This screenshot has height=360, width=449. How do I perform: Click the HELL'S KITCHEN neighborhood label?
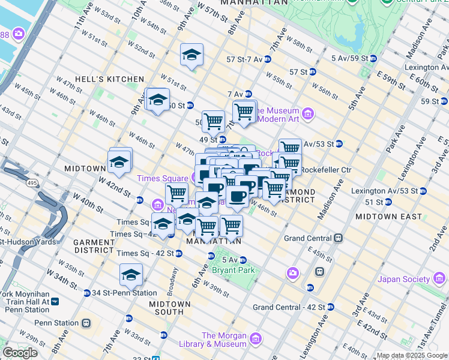pos(109,79)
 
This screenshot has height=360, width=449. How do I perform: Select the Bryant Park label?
pos(234,270)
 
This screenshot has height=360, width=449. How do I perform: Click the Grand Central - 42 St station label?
pos(289,307)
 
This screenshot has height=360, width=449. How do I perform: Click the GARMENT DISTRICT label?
pos(94,246)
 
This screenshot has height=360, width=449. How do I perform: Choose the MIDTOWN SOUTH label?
pos(166,308)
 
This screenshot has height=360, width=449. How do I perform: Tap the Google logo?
pos(20,353)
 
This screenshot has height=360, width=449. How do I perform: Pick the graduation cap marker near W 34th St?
pos(131,275)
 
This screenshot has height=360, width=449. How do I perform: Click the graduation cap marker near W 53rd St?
pos(191,55)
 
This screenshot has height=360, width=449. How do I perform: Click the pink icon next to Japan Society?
pos(439,278)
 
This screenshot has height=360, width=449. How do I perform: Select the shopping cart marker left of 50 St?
pos(213,122)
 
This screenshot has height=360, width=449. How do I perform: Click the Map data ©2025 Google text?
pos(412,355)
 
